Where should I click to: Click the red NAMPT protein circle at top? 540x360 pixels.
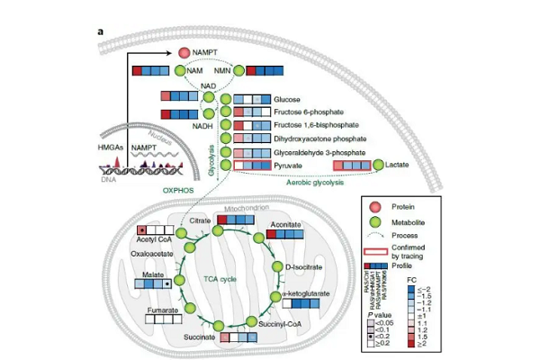(184, 54)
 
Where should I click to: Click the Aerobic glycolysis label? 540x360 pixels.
(316, 183)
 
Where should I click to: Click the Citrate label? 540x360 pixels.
(200, 220)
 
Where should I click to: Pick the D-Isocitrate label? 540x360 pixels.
(304, 266)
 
